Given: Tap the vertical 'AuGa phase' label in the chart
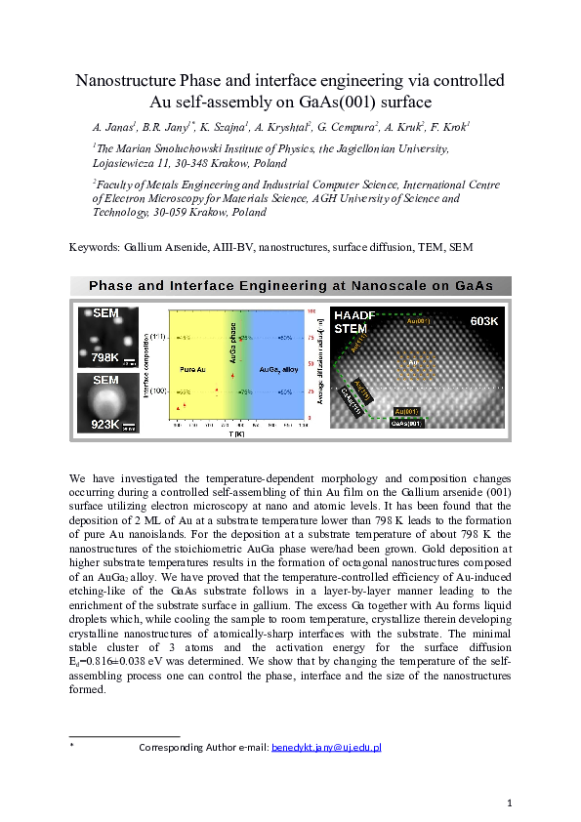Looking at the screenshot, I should click(x=232, y=343).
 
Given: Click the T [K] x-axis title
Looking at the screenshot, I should click(x=236, y=434).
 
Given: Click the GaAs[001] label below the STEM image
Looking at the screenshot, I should click(x=406, y=424).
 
